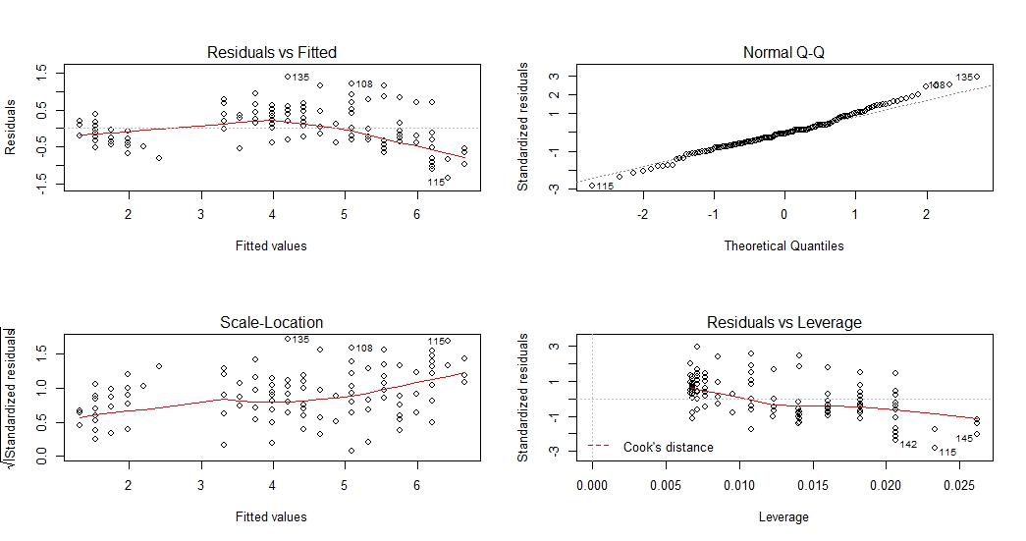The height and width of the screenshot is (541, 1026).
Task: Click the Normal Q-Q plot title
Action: point(783,52)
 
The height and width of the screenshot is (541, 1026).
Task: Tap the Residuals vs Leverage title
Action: point(783,322)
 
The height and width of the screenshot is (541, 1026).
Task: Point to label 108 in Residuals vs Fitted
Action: point(364,84)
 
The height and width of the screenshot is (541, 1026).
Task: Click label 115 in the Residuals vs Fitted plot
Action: point(437,182)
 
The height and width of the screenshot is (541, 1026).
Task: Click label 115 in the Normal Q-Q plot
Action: point(606,187)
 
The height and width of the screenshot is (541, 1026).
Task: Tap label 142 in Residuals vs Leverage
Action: point(908,445)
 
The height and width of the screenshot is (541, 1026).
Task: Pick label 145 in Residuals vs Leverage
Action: point(964,439)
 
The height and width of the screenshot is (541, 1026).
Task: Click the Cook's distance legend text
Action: point(669,447)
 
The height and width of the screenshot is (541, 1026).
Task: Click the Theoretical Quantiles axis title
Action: point(783,245)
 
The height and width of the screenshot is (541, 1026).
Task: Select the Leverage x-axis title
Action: point(783,516)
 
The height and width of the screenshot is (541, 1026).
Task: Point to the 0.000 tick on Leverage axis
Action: point(592,485)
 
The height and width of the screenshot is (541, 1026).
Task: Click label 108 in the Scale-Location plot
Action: point(364,348)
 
